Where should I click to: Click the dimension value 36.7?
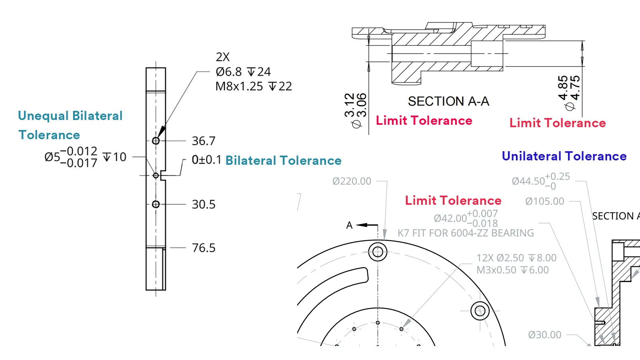click(x=203, y=141)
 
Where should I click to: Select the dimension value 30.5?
click(x=203, y=204)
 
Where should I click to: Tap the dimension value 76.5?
click(x=203, y=248)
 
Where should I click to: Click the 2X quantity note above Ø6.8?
click(x=223, y=57)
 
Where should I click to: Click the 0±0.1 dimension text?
click(x=206, y=160)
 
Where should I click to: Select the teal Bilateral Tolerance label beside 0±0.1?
click(x=283, y=161)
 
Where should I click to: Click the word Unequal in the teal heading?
click(x=43, y=116)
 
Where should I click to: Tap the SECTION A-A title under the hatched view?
click(x=448, y=102)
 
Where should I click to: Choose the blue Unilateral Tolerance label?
click(x=564, y=156)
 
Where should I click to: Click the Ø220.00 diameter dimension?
click(x=352, y=181)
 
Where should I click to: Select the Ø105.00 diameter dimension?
click(x=544, y=201)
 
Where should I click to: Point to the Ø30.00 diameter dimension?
click(x=544, y=335)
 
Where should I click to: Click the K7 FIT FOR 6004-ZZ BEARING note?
click(x=465, y=233)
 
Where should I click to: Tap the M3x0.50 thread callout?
click(x=512, y=270)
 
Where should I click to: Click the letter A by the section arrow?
click(x=349, y=225)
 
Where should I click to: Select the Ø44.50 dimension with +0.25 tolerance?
click(x=540, y=181)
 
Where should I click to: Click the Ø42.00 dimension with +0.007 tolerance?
click(x=465, y=218)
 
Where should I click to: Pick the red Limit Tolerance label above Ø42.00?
click(x=453, y=200)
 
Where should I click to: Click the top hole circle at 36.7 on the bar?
click(x=156, y=141)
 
